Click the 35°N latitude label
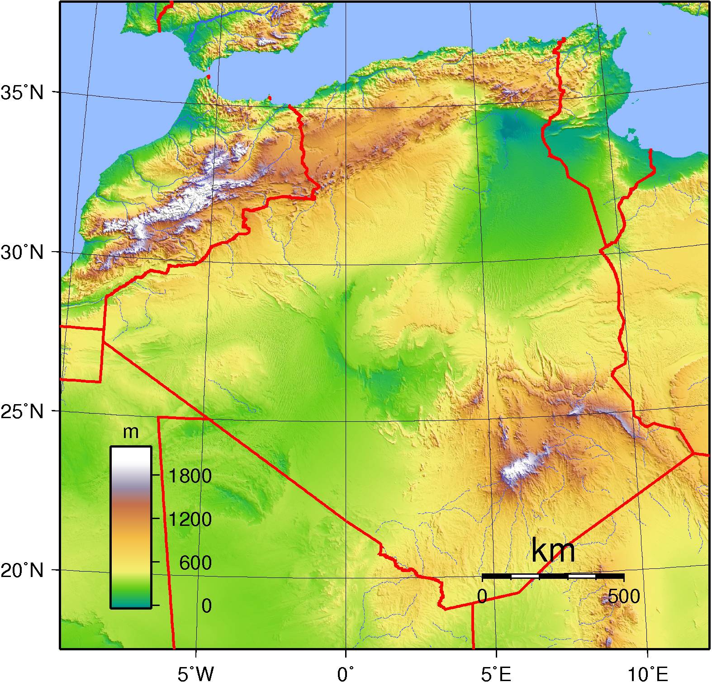pos(23,93)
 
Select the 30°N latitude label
pos(23,252)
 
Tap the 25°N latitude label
pos(23,412)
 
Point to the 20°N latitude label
pos(23,571)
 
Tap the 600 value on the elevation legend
pos(195,563)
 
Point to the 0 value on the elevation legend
pos(206,606)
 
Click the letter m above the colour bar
pos(131,432)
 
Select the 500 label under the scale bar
pos(624,597)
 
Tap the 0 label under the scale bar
pos(482,597)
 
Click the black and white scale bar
pos(553,576)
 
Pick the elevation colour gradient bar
pos(131,527)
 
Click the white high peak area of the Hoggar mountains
pos(520,468)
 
